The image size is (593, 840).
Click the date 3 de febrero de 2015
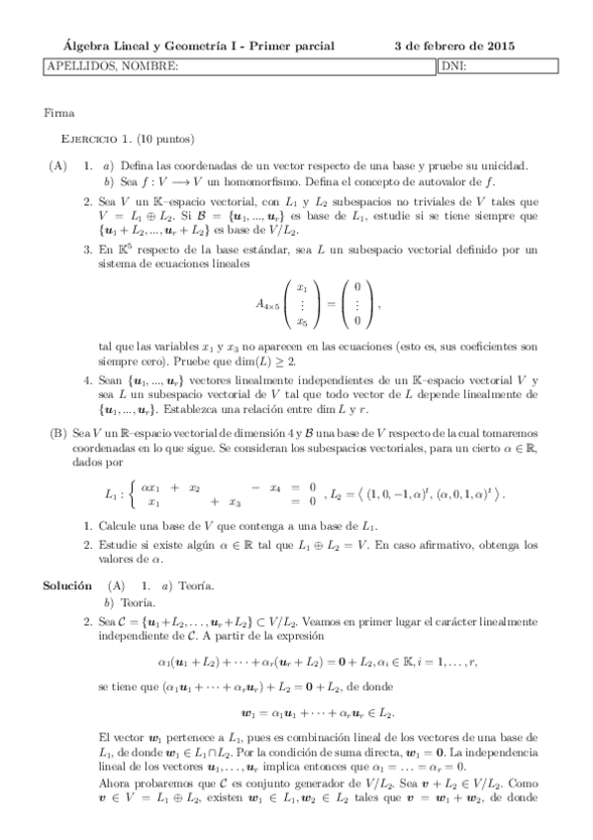pyautogui.click(x=454, y=47)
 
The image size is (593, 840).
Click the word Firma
pyautogui.click(x=59, y=113)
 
